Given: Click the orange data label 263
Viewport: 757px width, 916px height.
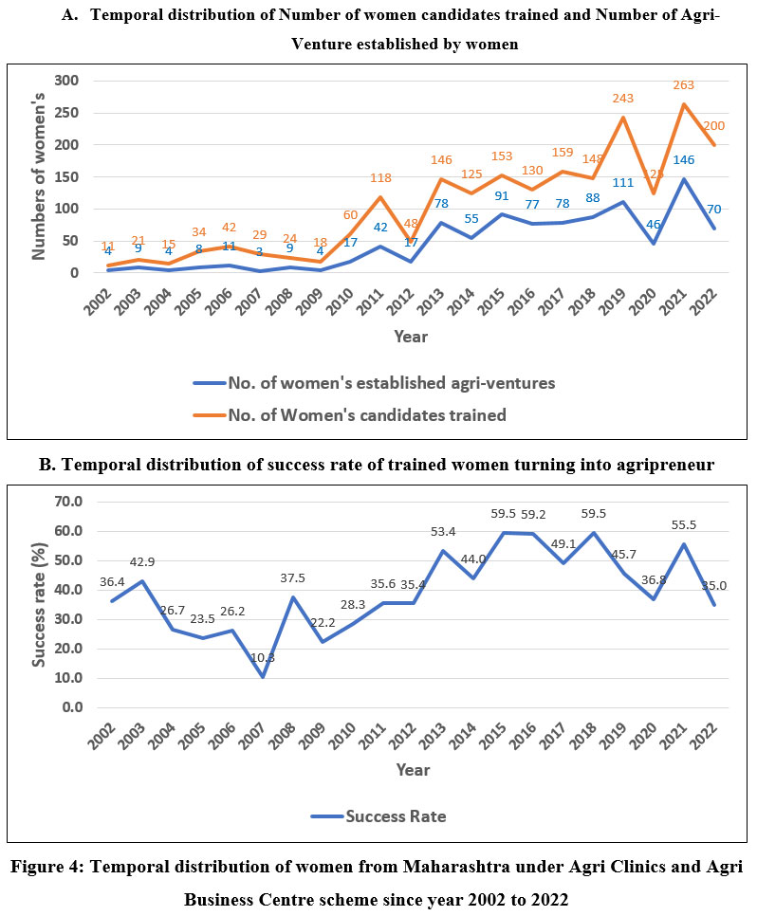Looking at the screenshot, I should tap(684, 85).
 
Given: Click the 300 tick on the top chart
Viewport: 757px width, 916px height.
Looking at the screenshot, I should tap(63, 80).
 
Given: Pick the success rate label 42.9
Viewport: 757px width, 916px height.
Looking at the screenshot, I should tap(142, 561).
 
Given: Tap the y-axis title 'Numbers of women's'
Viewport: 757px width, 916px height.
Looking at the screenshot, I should tap(39, 177).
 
